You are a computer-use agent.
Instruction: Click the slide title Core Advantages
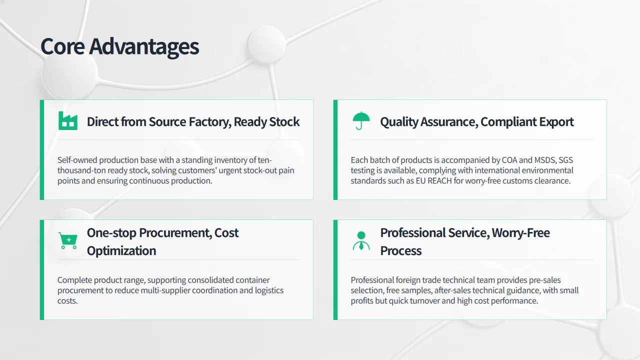[119, 46]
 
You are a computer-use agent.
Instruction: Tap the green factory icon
[67, 121]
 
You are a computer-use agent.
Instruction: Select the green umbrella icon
[361, 120]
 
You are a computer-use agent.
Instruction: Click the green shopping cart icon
[67, 240]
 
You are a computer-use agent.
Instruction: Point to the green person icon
[361, 240]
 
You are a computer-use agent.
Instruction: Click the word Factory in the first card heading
[210, 122]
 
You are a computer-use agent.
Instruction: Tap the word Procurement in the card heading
[175, 233]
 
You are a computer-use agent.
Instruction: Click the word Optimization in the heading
[121, 251]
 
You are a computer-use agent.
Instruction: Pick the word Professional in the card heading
[413, 233]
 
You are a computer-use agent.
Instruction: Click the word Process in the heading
[401, 251]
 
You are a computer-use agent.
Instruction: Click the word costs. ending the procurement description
[67, 301]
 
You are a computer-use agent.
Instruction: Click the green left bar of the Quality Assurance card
[335, 149]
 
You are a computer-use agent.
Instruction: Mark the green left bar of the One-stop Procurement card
[42, 269]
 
